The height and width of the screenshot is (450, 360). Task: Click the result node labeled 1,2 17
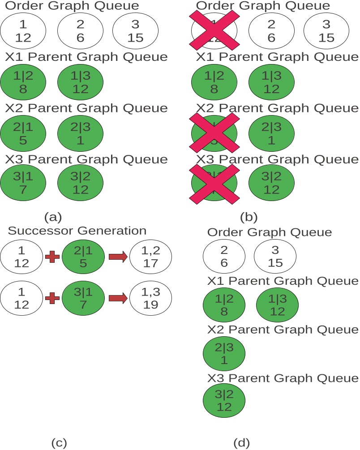[x=151, y=256]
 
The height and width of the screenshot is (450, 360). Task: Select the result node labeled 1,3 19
[x=151, y=299]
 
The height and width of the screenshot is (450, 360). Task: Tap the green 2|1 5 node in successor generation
[x=83, y=256]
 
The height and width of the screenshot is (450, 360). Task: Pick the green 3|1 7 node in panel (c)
[x=83, y=299]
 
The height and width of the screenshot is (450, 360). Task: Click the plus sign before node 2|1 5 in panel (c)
[x=52, y=256]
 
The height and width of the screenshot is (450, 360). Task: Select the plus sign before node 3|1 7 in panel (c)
[x=52, y=299]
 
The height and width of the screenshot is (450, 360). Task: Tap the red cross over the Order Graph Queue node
[x=214, y=30]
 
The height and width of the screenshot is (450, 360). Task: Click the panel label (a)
[x=53, y=217]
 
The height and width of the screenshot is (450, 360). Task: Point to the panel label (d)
[x=242, y=443]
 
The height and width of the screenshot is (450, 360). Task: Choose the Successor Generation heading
[x=77, y=231]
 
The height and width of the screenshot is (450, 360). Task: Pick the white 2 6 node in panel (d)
[x=224, y=257]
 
